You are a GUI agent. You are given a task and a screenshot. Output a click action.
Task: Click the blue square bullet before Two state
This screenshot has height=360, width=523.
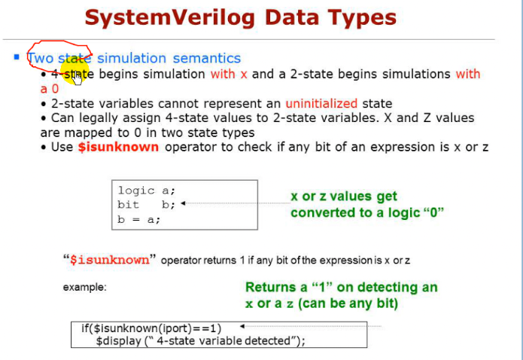[17, 57]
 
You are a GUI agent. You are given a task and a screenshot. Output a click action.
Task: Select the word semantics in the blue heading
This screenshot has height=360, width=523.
[207, 58]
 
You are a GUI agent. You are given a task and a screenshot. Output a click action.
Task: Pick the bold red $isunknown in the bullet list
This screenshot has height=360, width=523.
[118, 147]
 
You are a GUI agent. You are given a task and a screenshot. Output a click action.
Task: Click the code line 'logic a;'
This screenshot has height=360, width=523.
[146, 191]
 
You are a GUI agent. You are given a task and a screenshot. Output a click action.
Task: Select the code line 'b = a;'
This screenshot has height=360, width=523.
[138, 219]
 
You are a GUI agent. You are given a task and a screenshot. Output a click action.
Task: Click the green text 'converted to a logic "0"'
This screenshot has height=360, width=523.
[367, 212]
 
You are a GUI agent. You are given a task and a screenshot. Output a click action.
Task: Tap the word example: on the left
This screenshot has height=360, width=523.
[84, 287]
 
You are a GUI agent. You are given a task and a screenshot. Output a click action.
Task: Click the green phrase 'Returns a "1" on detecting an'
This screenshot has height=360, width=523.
[341, 287]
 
